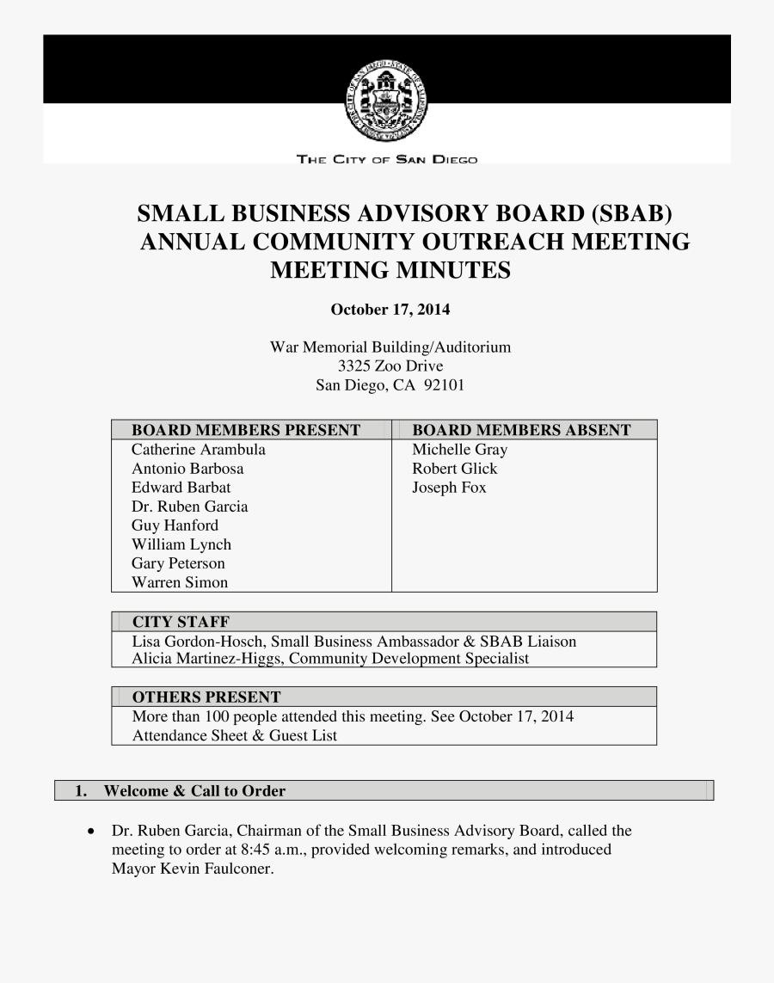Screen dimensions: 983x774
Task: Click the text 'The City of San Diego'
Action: click(x=386, y=159)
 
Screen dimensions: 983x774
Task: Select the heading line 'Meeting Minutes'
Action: click(x=390, y=271)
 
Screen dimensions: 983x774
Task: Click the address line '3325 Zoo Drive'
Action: click(x=390, y=366)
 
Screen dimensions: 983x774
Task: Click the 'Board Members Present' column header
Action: click(x=245, y=430)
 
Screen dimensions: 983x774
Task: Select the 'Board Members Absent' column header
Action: click(x=521, y=430)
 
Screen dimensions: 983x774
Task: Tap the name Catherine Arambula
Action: click(x=199, y=450)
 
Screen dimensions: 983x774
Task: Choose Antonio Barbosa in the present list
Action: click(x=187, y=469)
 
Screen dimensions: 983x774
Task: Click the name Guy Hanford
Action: click(x=175, y=525)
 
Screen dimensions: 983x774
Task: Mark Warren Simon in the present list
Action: click(x=180, y=582)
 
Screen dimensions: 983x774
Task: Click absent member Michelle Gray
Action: click(x=460, y=450)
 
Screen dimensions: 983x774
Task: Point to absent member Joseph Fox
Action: click(x=449, y=488)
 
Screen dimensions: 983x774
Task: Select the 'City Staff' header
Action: click(x=181, y=622)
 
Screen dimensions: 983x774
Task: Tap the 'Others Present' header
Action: click(x=206, y=697)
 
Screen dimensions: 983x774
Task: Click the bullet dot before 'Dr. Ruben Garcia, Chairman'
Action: click(x=91, y=832)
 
